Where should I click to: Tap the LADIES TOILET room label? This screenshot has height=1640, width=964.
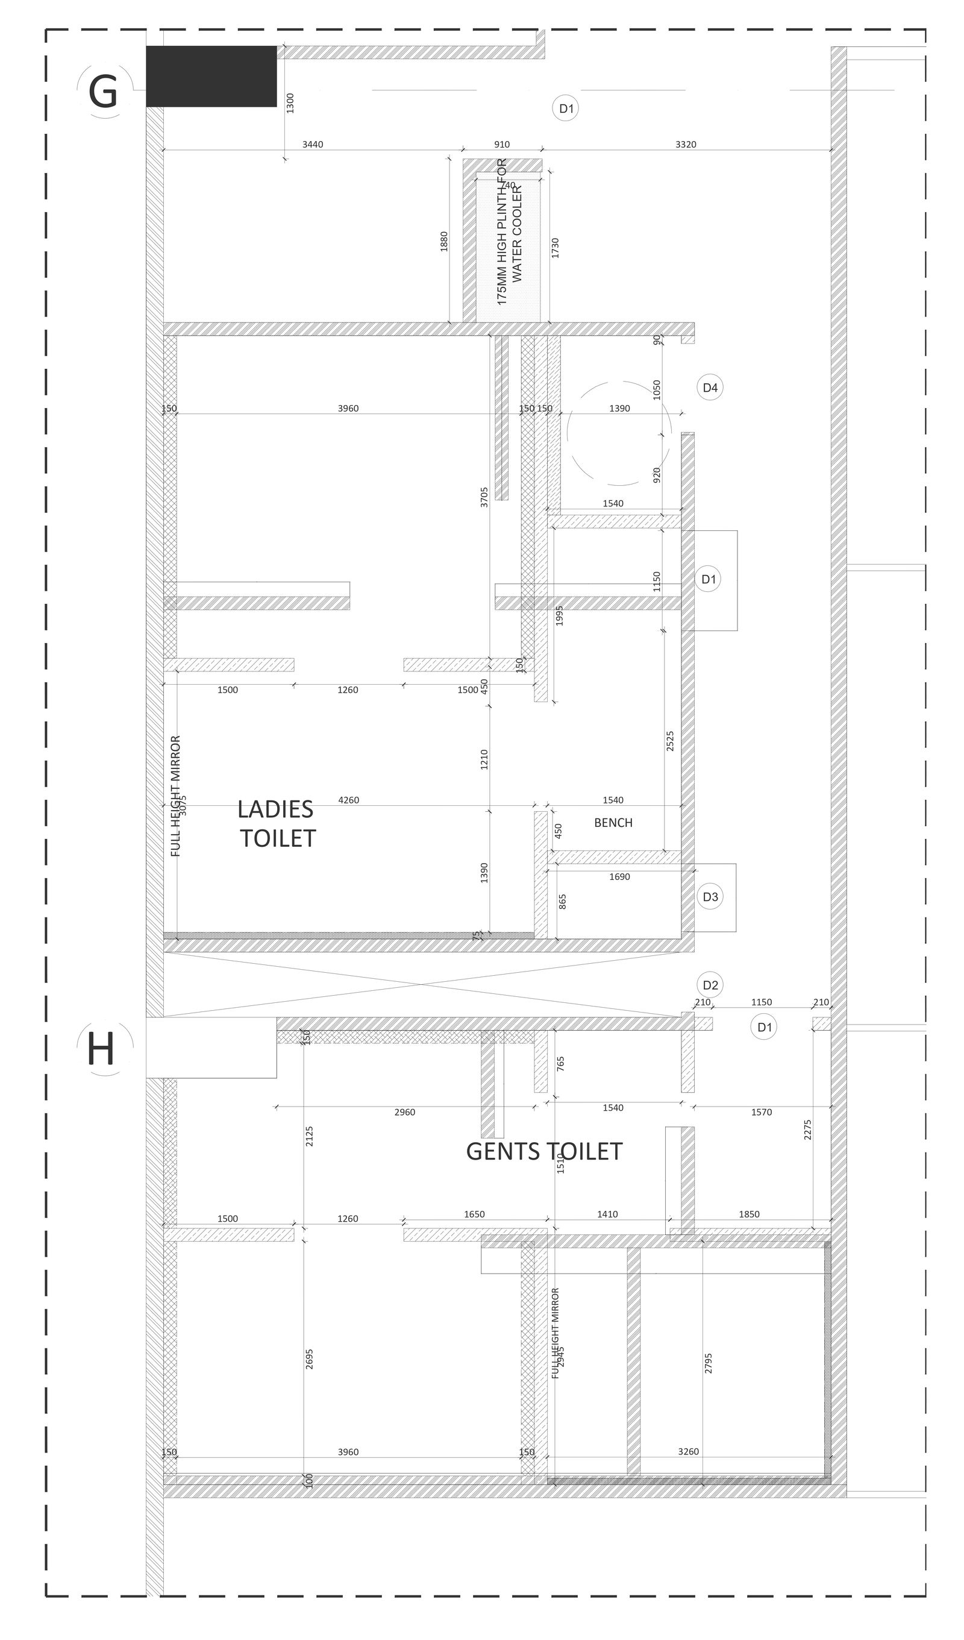[x=277, y=823]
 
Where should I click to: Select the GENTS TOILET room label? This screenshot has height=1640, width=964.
[x=544, y=1151]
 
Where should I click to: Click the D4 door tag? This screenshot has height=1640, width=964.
[x=710, y=388]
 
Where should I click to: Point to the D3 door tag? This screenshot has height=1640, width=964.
[x=710, y=897]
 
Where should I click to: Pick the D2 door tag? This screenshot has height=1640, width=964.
[x=710, y=985]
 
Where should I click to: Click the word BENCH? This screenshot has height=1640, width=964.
[x=613, y=823]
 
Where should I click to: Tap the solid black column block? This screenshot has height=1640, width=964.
[x=211, y=76]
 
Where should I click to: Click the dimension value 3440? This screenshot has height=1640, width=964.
[x=312, y=145]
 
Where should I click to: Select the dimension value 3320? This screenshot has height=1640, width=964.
[x=686, y=145]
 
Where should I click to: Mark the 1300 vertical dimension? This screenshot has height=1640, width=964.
[x=290, y=103]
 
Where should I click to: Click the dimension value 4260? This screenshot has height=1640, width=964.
[x=349, y=800]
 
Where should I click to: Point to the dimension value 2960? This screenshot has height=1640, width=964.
[x=405, y=1112]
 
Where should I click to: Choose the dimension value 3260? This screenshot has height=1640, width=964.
[x=688, y=1451]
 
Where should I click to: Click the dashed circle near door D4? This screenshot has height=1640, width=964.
[x=619, y=433]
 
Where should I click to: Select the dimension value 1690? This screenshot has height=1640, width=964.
[x=619, y=876]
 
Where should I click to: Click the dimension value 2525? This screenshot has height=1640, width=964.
[x=670, y=741]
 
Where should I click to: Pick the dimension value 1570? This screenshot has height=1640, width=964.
[x=761, y=1112]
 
